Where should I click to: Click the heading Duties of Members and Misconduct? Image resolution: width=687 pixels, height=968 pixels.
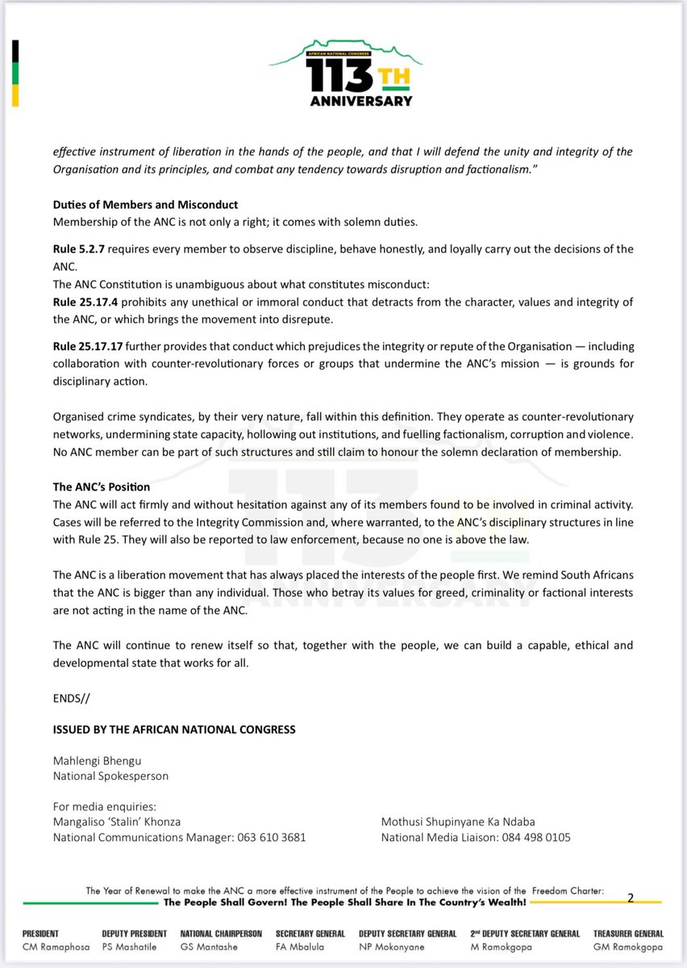pos(145,205)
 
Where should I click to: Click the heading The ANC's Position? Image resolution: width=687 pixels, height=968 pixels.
pos(101,487)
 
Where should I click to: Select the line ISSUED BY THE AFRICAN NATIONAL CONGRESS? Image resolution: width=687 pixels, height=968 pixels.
pos(174,729)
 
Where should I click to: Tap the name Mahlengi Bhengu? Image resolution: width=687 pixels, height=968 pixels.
pos(98,761)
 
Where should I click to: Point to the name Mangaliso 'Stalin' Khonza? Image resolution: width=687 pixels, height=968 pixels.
pos(117,822)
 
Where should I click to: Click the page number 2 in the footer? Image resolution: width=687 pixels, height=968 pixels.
pos(631,897)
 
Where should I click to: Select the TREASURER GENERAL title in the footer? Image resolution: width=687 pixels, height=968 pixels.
pos(628,933)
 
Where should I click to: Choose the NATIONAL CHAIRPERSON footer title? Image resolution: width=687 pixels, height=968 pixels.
pos(221,933)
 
